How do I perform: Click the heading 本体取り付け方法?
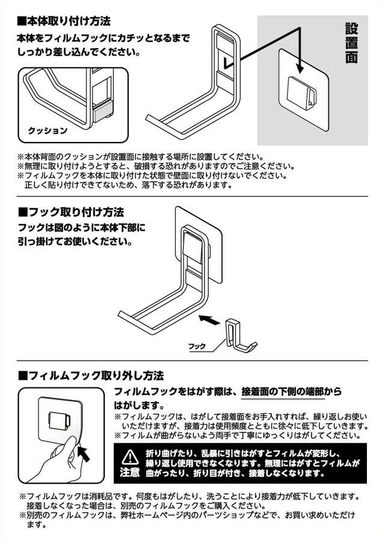tap(64, 21)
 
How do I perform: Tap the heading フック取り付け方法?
tap(71, 212)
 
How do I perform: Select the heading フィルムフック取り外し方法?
tap(91, 375)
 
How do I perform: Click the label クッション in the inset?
tap(48, 131)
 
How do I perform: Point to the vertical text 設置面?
tap(351, 43)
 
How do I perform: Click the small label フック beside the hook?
tap(197, 346)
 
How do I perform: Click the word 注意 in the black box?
tap(129, 472)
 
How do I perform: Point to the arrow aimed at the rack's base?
tap(210, 319)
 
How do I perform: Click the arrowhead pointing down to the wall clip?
tap(300, 68)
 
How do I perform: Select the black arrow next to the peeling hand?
tap(84, 453)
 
